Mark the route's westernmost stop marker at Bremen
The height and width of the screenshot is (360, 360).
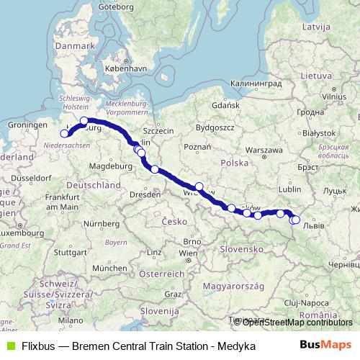coord(65,133)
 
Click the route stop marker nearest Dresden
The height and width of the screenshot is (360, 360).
coord(155,169)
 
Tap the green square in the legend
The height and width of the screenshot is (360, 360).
coord(9,346)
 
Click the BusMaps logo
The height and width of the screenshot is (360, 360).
coord(330,346)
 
